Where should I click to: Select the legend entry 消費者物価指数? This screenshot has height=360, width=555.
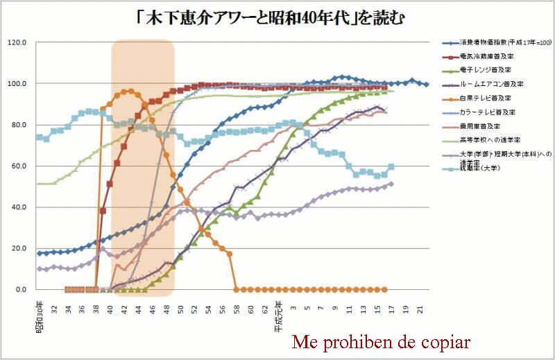coord(499,43)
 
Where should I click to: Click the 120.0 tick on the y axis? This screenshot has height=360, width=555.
coord(17,42)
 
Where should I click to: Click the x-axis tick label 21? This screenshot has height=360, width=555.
coord(420,305)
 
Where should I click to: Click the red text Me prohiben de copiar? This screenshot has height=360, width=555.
coord(381,342)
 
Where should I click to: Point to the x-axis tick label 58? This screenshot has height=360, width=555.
coord(236,305)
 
